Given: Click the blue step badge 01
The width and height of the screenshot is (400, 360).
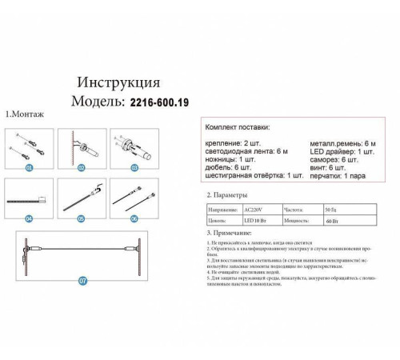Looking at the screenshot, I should click(x=30, y=169).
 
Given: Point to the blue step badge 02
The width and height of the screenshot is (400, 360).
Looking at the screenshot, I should click(x=82, y=169).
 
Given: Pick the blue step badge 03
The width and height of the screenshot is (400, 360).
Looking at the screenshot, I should click(x=134, y=169).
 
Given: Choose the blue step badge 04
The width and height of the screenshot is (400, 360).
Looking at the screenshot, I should click(x=30, y=218).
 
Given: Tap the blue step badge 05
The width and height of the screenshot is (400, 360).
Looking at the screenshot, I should click(x=82, y=218).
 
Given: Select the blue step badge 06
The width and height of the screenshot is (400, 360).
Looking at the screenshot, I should click(x=134, y=218).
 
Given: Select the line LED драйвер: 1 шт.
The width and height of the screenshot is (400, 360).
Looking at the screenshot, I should click(x=342, y=150).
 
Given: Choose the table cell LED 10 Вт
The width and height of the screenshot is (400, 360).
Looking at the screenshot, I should click(x=256, y=217).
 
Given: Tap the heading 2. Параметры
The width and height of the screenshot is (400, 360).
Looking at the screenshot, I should click(x=227, y=194).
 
